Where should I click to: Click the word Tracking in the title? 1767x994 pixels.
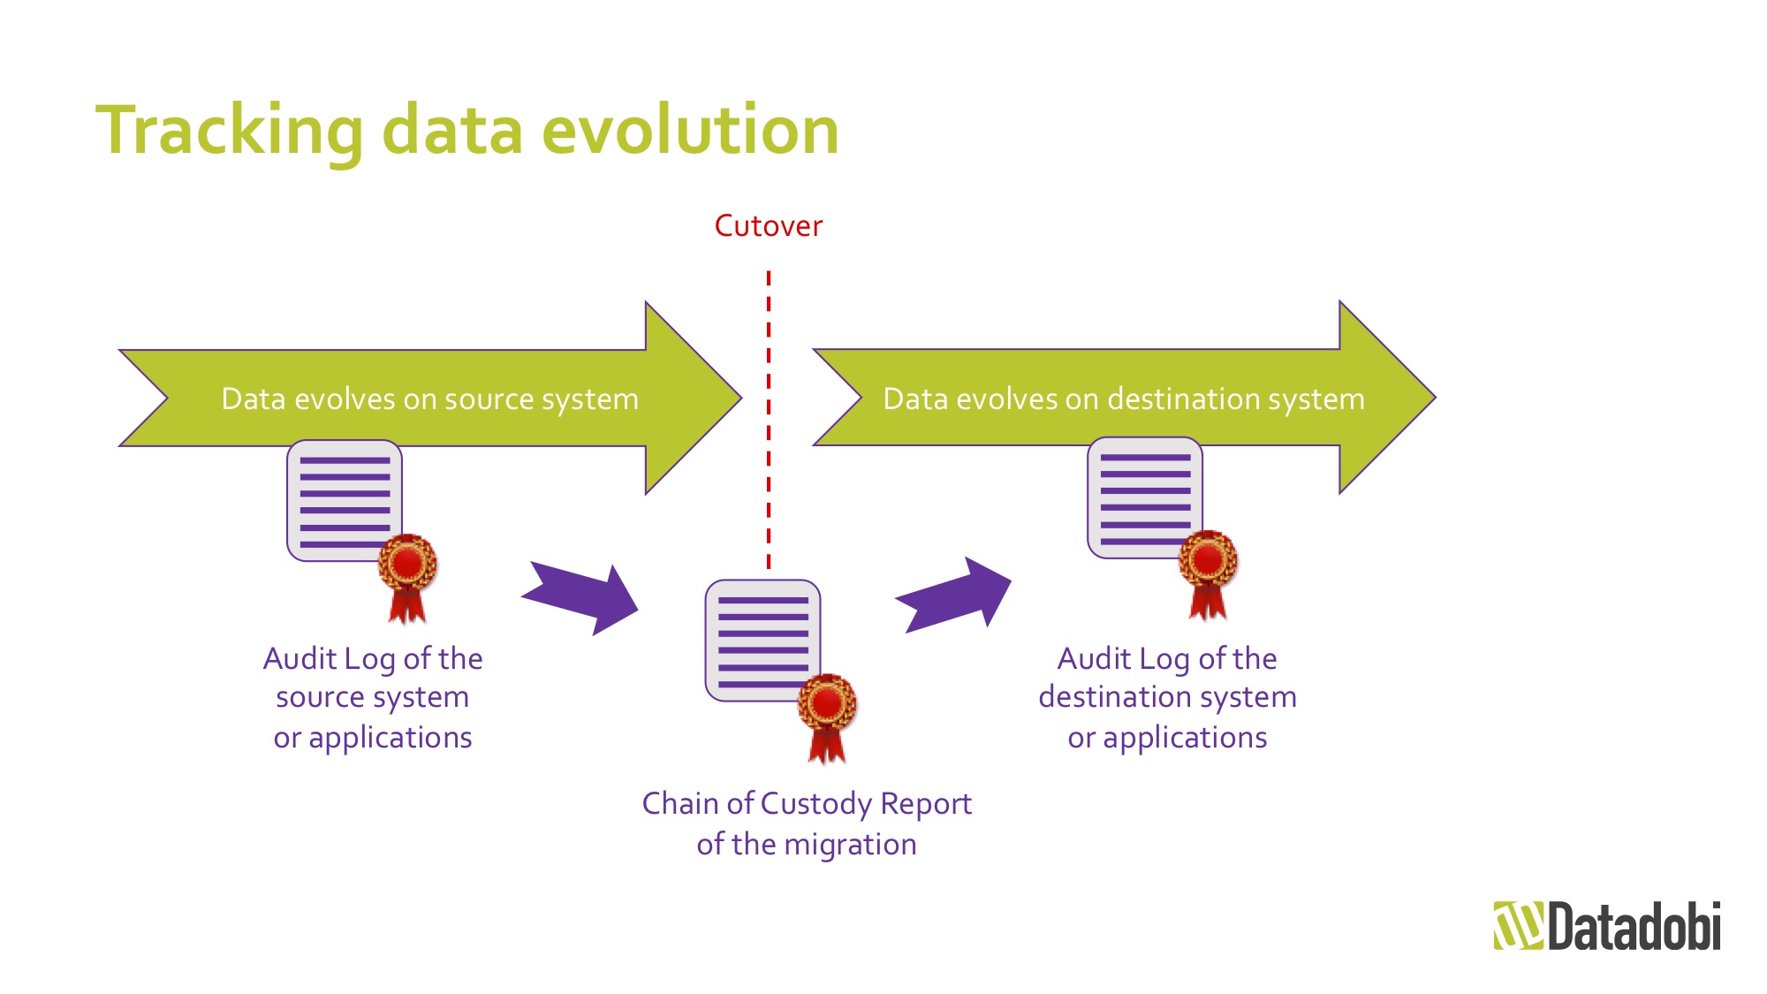(229, 131)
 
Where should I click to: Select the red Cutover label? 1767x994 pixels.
(768, 226)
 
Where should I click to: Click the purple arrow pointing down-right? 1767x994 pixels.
(583, 597)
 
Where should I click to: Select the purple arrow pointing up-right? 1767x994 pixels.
(954, 596)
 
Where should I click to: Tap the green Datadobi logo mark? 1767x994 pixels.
(1517, 925)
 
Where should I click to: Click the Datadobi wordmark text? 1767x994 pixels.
(1634, 926)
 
